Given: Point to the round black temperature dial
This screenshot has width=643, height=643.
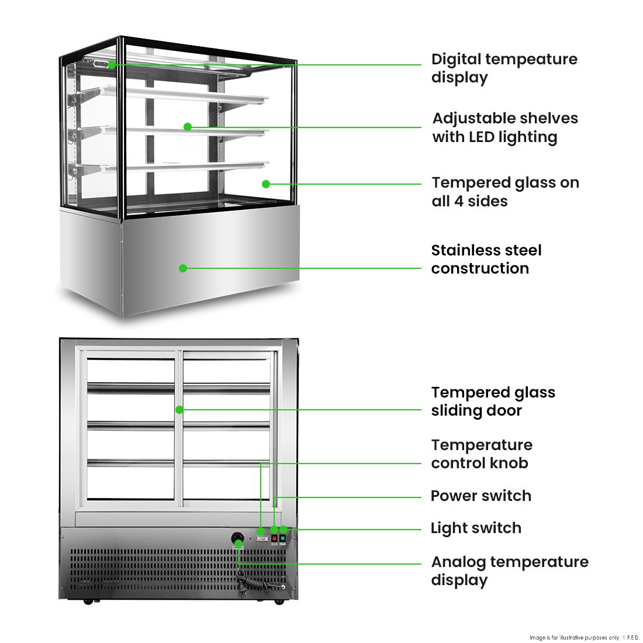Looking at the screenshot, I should tap(238, 537).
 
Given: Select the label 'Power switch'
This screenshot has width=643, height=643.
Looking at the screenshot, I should tap(480, 496).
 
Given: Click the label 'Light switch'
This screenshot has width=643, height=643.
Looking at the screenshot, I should tap(476, 528).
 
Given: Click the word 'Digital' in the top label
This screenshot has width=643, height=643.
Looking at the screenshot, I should tap(456, 59).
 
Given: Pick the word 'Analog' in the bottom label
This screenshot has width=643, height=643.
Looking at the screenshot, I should tap(458, 562).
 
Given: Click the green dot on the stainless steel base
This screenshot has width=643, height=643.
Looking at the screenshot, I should tap(183, 268).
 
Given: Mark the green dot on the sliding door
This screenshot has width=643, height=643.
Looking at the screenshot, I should tap(179, 410).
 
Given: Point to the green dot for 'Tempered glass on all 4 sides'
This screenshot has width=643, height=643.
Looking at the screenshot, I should tap(266, 184).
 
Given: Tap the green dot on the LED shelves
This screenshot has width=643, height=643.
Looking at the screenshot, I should tap(188, 126).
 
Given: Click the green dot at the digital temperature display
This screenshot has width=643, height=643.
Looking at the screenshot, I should tap(112, 64).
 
